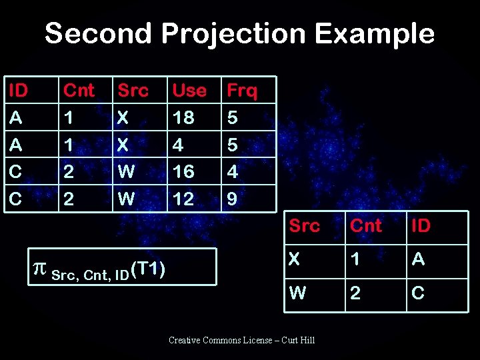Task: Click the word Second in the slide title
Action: tap(93, 33)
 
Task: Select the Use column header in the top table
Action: tap(189, 90)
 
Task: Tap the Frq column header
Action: tap(242, 90)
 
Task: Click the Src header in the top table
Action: tap(133, 90)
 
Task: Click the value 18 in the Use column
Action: tap(183, 117)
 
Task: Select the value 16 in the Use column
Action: tap(183, 171)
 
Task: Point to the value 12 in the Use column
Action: tap(183, 199)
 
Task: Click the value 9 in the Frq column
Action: tap(232, 199)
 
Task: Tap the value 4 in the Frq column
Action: tap(232, 171)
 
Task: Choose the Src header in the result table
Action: tap(304, 226)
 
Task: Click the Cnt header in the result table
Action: tap(366, 226)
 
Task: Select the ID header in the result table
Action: tap(421, 226)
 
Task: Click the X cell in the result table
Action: tap(295, 259)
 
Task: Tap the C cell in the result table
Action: tap(418, 293)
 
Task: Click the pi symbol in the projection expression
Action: tap(39, 269)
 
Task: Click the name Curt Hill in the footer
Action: tap(299, 341)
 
